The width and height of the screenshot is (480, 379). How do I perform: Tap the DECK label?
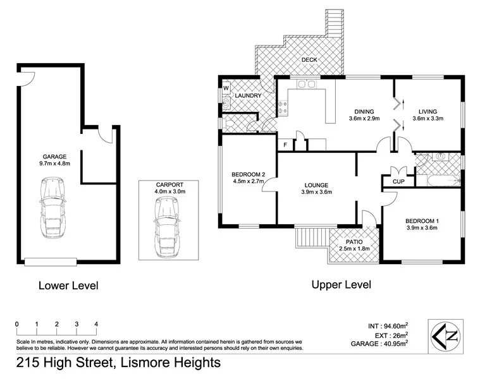tap(309, 60)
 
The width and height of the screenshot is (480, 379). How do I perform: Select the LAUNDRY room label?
tap(248, 96)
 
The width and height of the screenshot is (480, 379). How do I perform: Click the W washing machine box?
tap(225, 88)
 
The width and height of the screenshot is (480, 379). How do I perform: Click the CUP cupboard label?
tap(398, 182)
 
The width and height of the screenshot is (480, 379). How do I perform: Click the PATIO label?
tap(354, 242)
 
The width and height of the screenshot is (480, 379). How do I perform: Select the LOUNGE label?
tap(316, 185)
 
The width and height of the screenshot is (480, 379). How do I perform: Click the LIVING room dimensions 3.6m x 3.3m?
tap(428, 118)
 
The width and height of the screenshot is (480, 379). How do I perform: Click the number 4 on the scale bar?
tap(96, 324)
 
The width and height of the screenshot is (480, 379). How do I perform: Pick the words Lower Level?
tap(68, 286)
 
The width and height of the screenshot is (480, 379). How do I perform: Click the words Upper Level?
tap(341, 285)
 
